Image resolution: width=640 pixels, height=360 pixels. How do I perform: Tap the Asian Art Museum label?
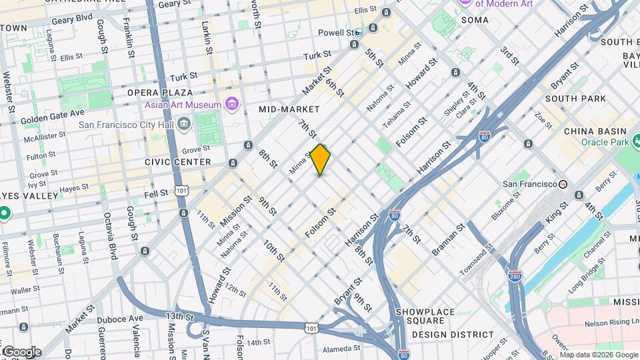[x=183, y=105]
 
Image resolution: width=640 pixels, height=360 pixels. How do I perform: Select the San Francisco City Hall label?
[x=127, y=124]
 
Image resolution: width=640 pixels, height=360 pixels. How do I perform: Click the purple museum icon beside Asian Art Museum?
[x=232, y=104]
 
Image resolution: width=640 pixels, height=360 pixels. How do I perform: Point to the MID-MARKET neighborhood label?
[x=289, y=109]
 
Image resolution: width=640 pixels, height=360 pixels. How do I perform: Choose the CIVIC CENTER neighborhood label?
[x=177, y=162]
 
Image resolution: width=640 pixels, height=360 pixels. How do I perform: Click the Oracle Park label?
[x=605, y=142]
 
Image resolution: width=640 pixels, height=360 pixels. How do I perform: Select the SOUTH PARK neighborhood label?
[x=575, y=99]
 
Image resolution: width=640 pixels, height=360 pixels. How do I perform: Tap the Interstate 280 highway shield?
[x=515, y=276]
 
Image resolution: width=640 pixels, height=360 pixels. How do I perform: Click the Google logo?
[x=21, y=352]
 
